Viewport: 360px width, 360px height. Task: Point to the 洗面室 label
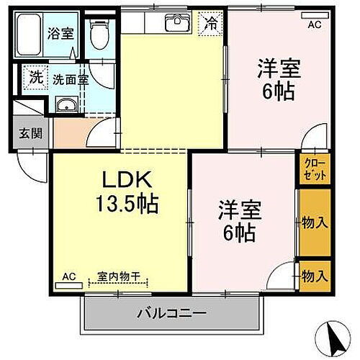tap(71, 80)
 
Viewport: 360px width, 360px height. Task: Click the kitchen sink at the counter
tap(176, 24)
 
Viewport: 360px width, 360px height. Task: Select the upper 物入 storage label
tap(315, 222)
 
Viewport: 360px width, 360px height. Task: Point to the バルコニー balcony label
tap(173, 314)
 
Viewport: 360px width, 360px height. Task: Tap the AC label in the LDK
tap(68, 276)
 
